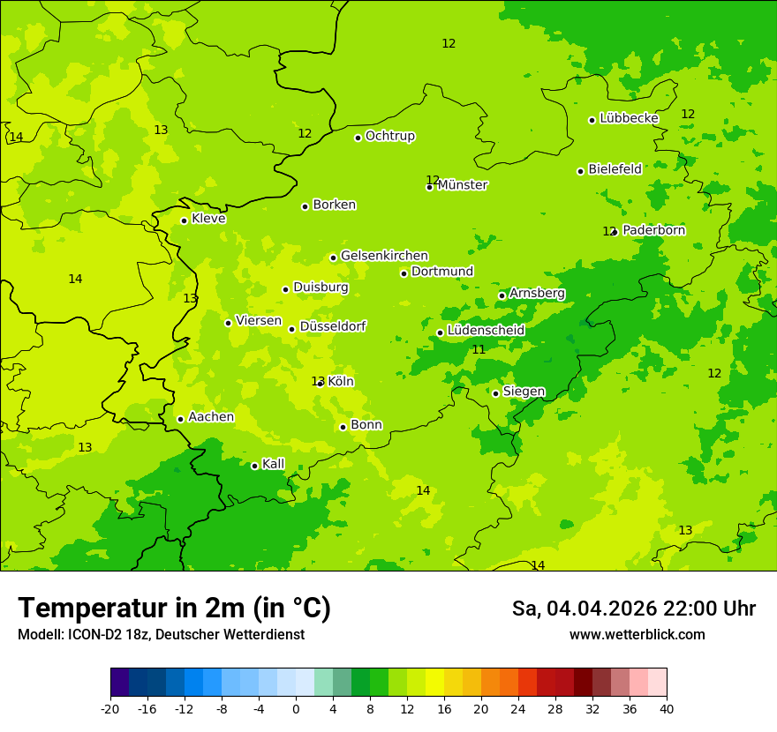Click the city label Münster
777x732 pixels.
click(x=463, y=185)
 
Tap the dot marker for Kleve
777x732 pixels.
click(x=184, y=220)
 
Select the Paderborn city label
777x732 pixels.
click(x=653, y=230)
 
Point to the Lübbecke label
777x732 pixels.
click(x=629, y=118)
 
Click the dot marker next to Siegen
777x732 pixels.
click(x=495, y=393)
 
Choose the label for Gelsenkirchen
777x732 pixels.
click(x=384, y=256)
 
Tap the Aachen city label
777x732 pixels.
click(x=211, y=417)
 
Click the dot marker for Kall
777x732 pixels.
click(x=254, y=466)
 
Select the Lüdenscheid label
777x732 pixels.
click(x=486, y=331)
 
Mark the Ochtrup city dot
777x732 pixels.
click(x=358, y=138)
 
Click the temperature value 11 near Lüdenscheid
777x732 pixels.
click(x=479, y=350)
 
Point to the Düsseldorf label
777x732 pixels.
click(x=332, y=326)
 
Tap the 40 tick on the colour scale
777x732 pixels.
click(x=666, y=709)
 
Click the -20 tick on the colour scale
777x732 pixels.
click(x=110, y=709)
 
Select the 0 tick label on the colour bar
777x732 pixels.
click(x=296, y=709)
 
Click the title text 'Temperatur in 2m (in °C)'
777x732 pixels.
click(x=174, y=608)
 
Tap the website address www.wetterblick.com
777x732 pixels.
click(x=637, y=635)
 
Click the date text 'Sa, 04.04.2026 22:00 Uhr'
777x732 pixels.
click(x=633, y=609)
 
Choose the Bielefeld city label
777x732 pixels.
click(x=615, y=169)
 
